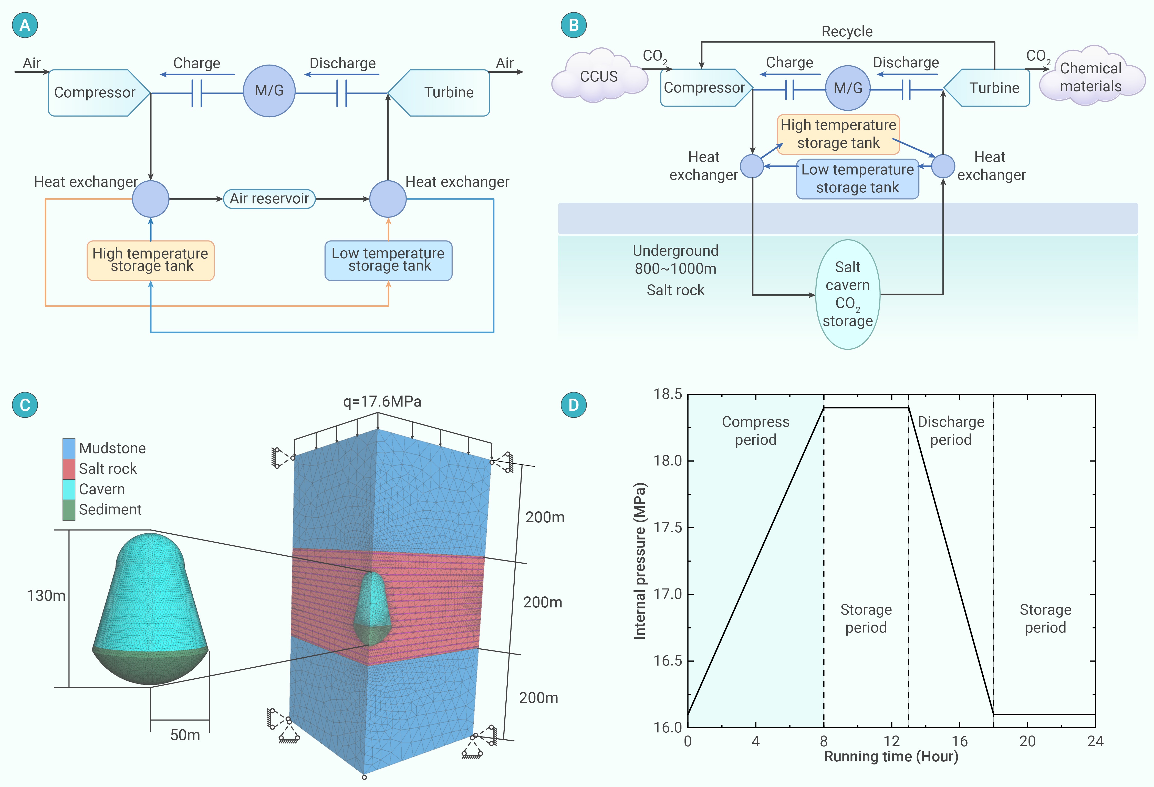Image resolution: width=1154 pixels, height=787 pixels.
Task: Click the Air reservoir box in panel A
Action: tap(269, 199)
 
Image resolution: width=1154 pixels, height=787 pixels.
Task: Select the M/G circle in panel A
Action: tap(269, 91)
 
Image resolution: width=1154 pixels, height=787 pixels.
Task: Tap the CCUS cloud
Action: tap(599, 76)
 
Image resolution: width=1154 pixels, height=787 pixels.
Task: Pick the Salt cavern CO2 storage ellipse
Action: tap(848, 294)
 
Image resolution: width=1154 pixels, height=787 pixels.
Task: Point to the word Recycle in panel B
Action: tap(847, 31)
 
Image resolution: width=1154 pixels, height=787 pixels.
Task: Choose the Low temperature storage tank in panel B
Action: tap(858, 179)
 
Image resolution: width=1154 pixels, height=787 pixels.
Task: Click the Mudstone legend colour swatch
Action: tap(69, 448)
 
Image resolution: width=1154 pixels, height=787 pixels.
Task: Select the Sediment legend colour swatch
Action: tap(69, 510)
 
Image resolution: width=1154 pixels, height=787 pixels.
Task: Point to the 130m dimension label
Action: tap(46, 595)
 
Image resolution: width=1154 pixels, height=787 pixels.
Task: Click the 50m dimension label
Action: tap(185, 735)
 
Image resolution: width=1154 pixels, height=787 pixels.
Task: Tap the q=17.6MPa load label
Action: tap(382, 401)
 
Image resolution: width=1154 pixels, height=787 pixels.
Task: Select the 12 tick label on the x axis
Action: tap(891, 741)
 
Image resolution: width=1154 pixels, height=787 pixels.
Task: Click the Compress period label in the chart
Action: tap(755, 430)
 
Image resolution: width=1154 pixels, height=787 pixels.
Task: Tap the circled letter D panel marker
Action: tap(574, 405)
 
